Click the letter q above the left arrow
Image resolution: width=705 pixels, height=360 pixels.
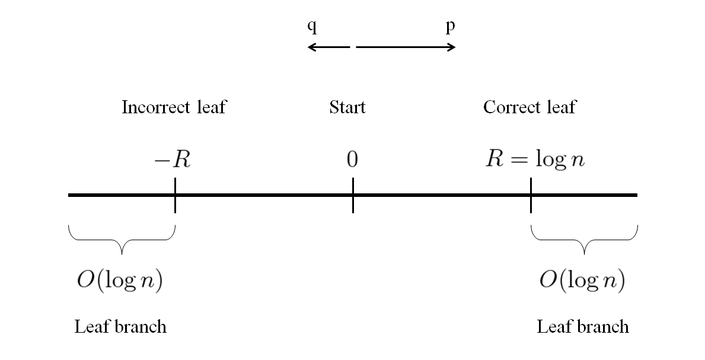(x=312, y=28)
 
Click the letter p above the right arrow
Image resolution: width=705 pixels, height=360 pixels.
(x=451, y=28)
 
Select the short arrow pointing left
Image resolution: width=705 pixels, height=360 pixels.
(x=328, y=47)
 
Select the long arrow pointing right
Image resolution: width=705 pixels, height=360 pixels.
(x=406, y=47)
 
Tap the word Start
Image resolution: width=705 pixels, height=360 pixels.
(x=347, y=107)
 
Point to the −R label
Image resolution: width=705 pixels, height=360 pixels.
(x=173, y=160)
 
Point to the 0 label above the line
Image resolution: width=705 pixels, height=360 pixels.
(x=353, y=160)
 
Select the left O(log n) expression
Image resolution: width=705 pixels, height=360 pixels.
(x=119, y=281)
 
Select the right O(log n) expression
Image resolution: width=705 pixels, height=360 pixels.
(x=582, y=281)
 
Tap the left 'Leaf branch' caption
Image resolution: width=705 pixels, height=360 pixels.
(x=120, y=327)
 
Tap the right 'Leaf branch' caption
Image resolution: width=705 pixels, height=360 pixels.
(x=583, y=327)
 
